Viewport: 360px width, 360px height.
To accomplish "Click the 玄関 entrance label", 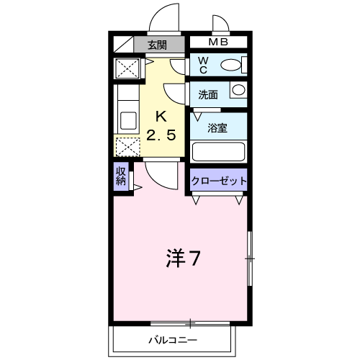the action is [157, 45].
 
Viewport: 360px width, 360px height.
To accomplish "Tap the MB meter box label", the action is [218, 42].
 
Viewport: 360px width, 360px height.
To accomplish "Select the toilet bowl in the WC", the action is [230, 65].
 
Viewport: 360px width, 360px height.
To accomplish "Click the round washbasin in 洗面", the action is [238, 90].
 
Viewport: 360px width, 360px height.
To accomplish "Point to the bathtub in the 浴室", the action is [218, 152].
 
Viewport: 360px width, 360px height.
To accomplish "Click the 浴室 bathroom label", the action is [217, 128].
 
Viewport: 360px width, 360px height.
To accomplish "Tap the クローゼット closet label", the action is [219, 181].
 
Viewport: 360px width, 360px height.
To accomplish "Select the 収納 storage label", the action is [121, 176].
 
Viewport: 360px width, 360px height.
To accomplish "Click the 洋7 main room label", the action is [183, 258].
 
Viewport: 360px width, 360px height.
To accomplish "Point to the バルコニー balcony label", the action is [173, 340].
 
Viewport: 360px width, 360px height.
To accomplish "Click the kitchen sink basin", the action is [128, 120].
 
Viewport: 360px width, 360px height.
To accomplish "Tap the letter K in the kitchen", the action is [161, 117].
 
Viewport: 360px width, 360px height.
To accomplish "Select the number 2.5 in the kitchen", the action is [161, 135].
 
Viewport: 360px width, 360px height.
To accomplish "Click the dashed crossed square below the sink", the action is [128, 147].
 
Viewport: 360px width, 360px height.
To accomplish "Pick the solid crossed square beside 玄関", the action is [127, 68].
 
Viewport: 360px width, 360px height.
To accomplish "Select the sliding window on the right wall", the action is [250, 258].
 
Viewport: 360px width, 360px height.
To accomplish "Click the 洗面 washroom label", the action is [208, 95].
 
